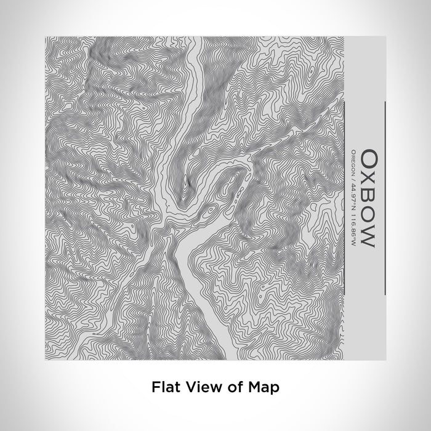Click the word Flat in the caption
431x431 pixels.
pos(165,387)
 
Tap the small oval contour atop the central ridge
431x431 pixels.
pos(187,181)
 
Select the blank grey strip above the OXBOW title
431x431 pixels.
pos(366,68)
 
